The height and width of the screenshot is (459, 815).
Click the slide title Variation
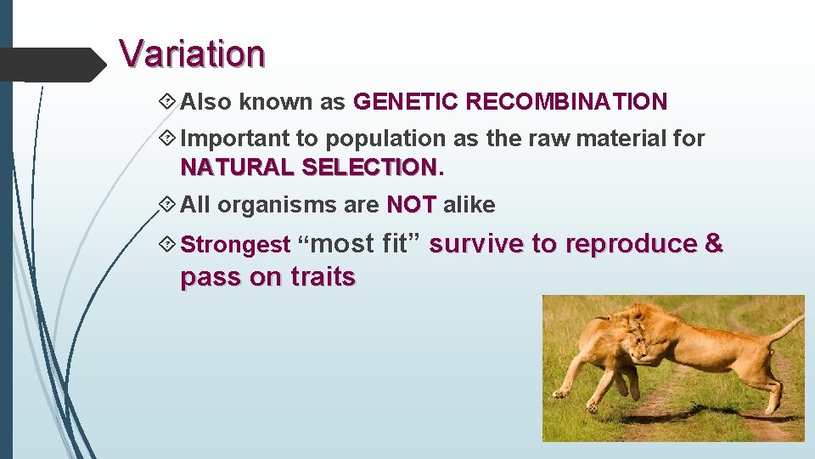[192, 54]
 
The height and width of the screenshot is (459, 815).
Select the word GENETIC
[405, 103]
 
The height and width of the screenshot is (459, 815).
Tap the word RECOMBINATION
[566, 103]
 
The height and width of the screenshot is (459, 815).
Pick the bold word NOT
[411, 205]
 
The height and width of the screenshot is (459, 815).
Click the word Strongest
[236, 246]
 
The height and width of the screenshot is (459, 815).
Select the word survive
[476, 244]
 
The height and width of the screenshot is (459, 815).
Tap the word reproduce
[631, 244]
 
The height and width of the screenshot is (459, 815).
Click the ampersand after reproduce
[714, 244]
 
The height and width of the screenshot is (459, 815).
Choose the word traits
[323, 277]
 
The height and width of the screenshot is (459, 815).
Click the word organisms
[268, 206]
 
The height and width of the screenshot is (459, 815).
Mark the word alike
[469, 205]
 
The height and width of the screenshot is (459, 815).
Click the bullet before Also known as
[168, 103]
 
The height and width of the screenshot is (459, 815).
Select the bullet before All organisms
[168, 205]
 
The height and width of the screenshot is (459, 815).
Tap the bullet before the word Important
[168, 138]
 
